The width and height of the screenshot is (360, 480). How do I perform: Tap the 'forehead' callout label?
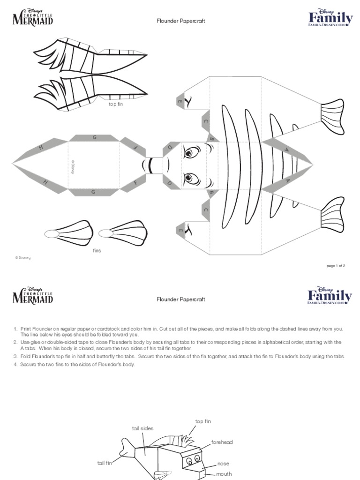[x=222, y=442]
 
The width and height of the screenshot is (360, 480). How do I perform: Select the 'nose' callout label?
[x=223, y=464]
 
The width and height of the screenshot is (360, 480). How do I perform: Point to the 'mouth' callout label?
[x=224, y=474]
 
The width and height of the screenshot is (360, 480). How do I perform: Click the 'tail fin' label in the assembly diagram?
[x=105, y=463]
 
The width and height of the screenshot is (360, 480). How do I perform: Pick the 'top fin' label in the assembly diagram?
[x=203, y=421]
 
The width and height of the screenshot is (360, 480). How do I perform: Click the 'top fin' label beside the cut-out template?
[x=115, y=104]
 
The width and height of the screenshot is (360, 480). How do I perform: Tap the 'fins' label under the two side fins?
[x=97, y=250]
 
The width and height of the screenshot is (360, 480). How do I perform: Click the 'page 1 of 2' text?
[x=336, y=266]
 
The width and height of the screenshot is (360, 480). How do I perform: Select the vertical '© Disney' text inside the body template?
[x=73, y=168]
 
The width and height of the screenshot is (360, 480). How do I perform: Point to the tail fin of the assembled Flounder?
[x=127, y=448]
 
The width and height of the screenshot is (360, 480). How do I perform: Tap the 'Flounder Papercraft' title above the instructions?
[x=180, y=299]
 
